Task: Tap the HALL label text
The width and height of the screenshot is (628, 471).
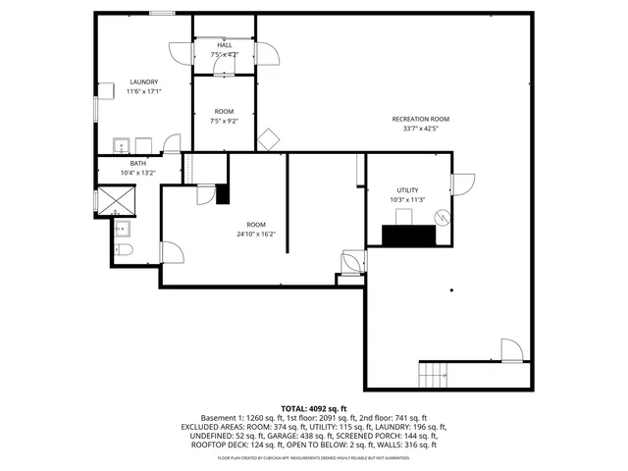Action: (x=225, y=45)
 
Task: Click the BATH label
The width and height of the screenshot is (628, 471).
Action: (x=137, y=163)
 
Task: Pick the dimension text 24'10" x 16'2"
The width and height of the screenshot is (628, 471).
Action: (x=256, y=234)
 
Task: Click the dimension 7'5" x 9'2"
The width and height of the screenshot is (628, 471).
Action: (x=225, y=122)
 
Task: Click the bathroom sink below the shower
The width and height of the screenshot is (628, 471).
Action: (x=123, y=230)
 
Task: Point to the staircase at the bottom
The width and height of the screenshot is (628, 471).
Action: (x=433, y=374)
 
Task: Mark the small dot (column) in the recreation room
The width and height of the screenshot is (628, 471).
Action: (x=450, y=289)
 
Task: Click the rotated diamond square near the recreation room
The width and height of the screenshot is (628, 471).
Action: (x=269, y=138)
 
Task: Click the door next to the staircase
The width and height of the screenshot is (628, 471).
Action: (x=511, y=350)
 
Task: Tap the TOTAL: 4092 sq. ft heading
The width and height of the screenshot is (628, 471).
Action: (x=314, y=408)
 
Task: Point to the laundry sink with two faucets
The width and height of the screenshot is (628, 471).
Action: (x=122, y=145)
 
